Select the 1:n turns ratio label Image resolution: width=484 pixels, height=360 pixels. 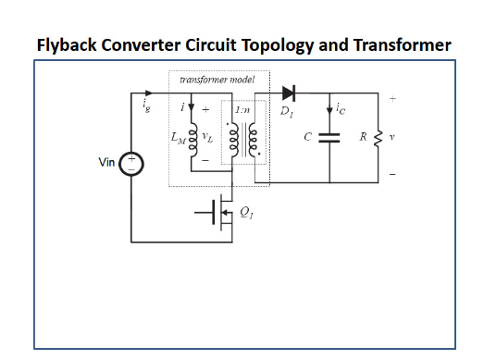pos(245,112)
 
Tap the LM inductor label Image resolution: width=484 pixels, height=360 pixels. pos(178,141)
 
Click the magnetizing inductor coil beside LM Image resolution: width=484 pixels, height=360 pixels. pos(193,141)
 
